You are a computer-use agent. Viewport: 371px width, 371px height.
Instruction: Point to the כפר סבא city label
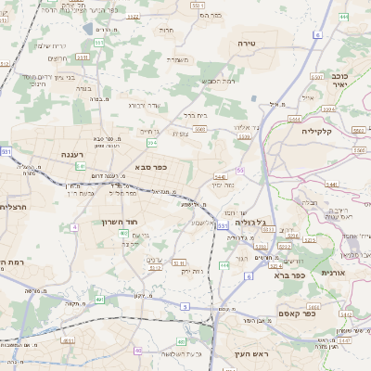click(149, 168)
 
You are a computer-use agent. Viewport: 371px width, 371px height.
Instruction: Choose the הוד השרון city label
click(120, 223)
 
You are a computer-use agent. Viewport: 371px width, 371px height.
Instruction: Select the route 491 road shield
click(99, 300)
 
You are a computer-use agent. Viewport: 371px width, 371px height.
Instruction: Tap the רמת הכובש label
click(219, 81)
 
